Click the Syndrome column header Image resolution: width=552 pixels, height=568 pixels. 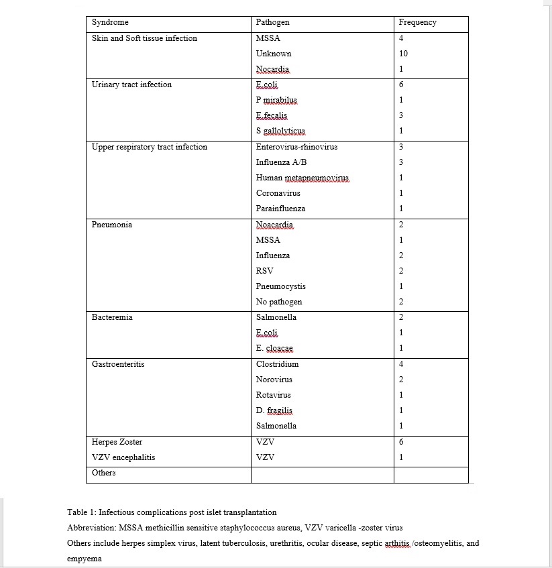pos(110,22)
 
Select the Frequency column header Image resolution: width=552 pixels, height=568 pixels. pos(417,22)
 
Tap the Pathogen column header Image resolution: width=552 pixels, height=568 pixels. pos(272,22)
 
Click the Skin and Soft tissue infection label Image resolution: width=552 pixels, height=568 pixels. pos(144,38)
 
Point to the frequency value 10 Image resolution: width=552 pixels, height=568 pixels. pos(403,54)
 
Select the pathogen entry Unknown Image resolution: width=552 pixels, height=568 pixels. pos(274,54)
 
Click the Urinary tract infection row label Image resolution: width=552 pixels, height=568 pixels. pos(131,84)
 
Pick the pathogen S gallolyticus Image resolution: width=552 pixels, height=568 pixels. pos(280,131)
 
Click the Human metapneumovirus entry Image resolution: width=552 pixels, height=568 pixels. pos(302,178)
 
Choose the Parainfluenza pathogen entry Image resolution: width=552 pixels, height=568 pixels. pos(280,209)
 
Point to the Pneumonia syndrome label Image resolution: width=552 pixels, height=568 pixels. pos(112,225)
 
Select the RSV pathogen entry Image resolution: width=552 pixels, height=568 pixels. pos(264,271)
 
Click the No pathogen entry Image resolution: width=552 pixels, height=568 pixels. pos(279,302)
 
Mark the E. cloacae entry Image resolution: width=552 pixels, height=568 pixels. pos(274,348)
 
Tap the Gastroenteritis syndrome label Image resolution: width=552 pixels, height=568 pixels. pos(118,364)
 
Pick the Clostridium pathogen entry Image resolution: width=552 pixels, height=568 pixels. pos(277,364)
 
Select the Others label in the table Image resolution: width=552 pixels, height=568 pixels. pos(103,473)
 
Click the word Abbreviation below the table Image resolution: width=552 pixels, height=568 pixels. pos(91,528)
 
